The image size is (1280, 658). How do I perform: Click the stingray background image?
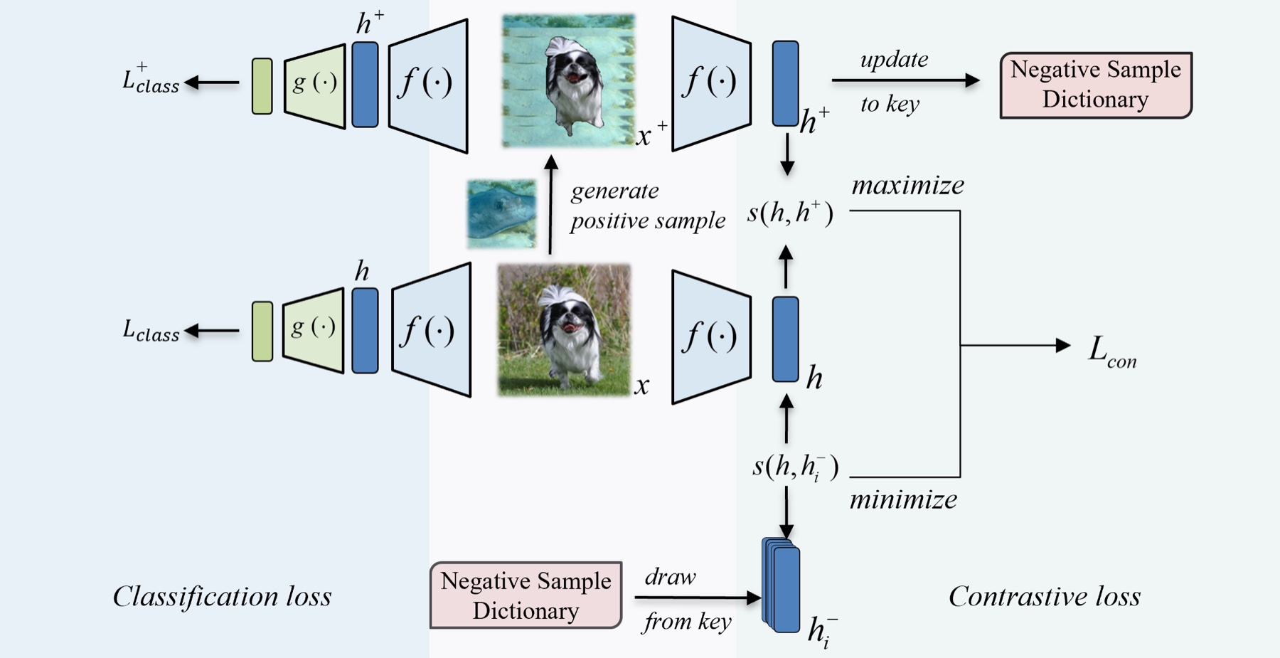501,213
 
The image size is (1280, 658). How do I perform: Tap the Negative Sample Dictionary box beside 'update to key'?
1096,85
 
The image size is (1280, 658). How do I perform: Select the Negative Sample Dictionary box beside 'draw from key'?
526,595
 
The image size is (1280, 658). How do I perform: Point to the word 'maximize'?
908,185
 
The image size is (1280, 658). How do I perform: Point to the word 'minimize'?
904,499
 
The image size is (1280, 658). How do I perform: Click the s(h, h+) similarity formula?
790,213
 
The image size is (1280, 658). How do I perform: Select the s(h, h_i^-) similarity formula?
796,467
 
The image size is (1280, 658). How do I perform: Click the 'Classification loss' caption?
222,596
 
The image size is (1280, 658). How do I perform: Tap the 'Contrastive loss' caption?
1045,596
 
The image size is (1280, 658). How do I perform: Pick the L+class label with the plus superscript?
151,78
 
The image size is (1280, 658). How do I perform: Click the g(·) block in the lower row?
314,330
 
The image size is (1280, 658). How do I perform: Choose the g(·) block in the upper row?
314,85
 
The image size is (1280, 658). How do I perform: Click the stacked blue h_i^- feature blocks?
781,585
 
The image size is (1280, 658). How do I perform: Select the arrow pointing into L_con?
1015,346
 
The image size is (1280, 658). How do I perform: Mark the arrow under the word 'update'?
906,80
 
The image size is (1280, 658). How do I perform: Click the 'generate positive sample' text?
648,206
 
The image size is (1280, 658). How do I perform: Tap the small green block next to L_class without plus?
262,331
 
